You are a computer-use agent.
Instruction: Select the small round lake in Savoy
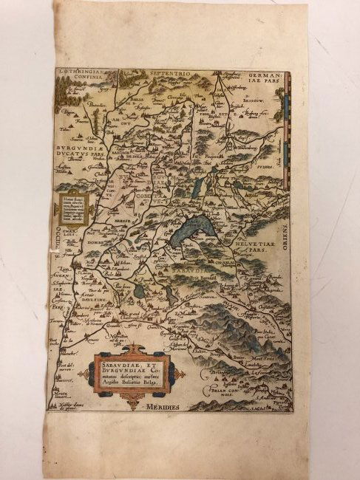(140, 291)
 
